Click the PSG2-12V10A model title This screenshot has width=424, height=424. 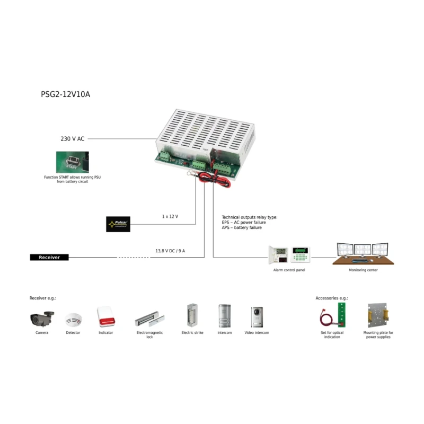65,94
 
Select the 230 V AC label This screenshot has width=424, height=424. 73,139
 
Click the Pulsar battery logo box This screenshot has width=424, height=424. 118,224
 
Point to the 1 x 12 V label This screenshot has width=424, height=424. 170,216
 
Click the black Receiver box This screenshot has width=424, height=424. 49,257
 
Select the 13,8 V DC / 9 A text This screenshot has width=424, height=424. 170,251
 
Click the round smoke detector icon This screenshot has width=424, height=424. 73,319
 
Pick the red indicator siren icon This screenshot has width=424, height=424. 106,317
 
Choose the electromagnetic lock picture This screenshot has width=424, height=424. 150,319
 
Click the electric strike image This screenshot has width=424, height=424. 192,316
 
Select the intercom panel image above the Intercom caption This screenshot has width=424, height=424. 224,316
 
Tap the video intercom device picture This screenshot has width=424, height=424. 257,316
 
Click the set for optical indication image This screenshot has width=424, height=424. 332,316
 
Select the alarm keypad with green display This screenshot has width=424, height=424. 300,255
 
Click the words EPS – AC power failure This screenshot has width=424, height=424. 244,223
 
